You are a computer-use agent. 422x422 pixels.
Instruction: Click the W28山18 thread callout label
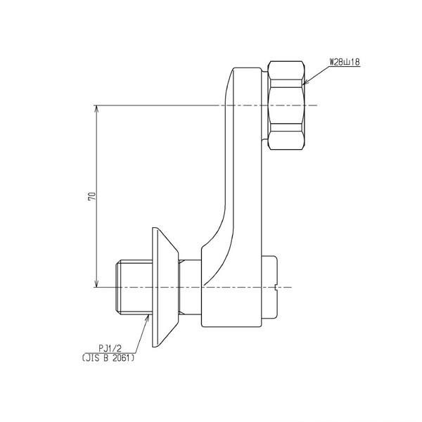tap(345, 63)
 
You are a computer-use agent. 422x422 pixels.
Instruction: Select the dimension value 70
tap(91, 196)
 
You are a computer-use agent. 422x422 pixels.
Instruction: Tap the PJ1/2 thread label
tap(110, 349)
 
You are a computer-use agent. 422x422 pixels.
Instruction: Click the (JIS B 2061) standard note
tap(108, 358)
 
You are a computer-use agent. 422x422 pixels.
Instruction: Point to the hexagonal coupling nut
tap(286, 105)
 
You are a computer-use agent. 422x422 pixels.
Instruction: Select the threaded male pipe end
tap(134, 287)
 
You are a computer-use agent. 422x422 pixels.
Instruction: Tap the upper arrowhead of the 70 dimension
tap(97, 109)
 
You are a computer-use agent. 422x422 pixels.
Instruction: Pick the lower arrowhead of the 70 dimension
tap(97, 283)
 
